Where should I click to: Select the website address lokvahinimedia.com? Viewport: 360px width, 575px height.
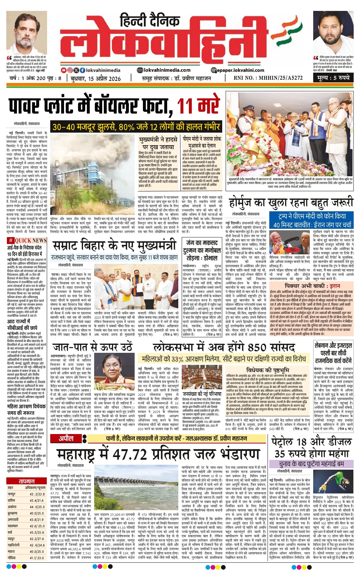click(164, 70)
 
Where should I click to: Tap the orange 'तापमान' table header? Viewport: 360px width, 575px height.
click(26, 481)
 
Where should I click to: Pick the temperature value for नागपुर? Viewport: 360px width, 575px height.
click(37, 494)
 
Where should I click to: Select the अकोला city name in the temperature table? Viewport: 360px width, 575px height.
click(12, 507)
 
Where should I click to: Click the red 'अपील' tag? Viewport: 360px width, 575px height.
click(66, 438)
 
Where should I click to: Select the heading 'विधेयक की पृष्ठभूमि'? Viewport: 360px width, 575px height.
click(267, 371)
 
